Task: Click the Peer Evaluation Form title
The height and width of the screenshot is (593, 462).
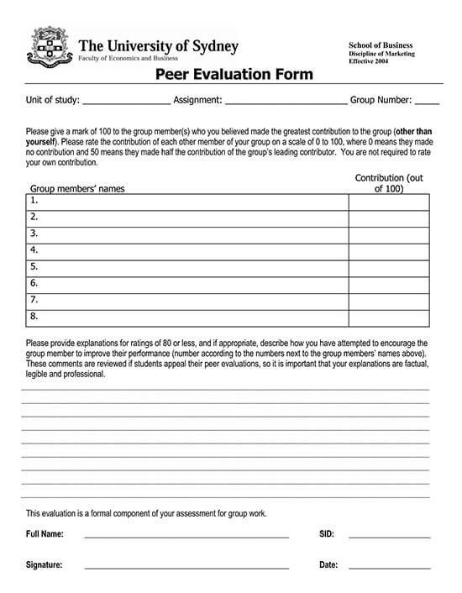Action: click(x=234, y=75)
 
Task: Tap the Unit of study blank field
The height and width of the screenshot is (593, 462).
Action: click(x=126, y=101)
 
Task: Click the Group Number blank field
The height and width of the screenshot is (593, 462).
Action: click(x=427, y=101)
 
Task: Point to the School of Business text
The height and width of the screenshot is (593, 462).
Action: click(x=381, y=44)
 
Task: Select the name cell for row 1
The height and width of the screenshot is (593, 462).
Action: click(x=187, y=202)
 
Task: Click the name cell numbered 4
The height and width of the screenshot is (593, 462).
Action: click(x=187, y=251)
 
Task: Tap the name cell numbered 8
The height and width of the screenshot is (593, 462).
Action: click(x=187, y=317)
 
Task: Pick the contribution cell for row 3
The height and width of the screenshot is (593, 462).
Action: click(x=389, y=234)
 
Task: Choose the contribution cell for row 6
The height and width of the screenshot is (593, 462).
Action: click(x=389, y=285)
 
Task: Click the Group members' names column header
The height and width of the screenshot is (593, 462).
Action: click(x=77, y=189)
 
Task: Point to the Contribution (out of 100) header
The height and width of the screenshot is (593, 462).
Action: click(x=389, y=184)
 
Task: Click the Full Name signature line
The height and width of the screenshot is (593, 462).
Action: click(x=186, y=534)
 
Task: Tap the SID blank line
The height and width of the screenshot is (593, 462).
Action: click(x=389, y=534)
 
